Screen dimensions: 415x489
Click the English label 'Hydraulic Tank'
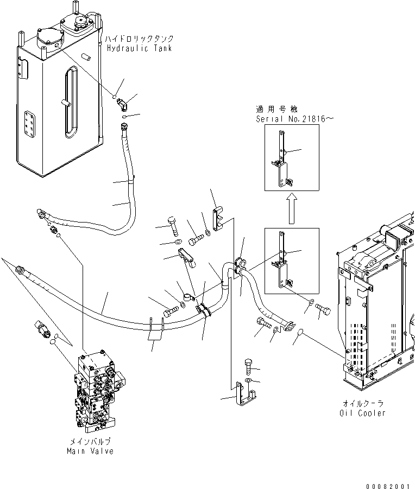click(x=139, y=48)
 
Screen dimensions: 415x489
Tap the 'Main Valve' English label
click(x=90, y=451)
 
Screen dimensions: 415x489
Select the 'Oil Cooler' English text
click(x=362, y=413)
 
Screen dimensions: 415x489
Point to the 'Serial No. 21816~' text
click(x=295, y=119)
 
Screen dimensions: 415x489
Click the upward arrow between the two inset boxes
click(x=292, y=208)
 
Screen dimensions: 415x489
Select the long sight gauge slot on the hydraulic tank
click(x=71, y=103)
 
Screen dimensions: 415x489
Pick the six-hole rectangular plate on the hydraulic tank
click(x=30, y=124)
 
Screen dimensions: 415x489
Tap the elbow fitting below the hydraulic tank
click(x=122, y=104)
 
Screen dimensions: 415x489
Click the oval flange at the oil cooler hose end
click(x=289, y=327)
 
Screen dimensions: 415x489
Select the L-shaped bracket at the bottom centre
click(x=246, y=394)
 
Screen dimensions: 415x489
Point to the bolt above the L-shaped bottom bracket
click(x=248, y=367)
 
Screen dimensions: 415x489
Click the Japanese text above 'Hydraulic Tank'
click(x=139, y=39)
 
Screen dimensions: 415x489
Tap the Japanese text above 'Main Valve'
click(x=90, y=441)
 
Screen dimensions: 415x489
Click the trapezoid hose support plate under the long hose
click(x=156, y=330)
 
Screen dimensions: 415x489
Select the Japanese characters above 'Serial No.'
click(x=277, y=109)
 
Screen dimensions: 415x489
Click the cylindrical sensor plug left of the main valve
click(x=43, y=328)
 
